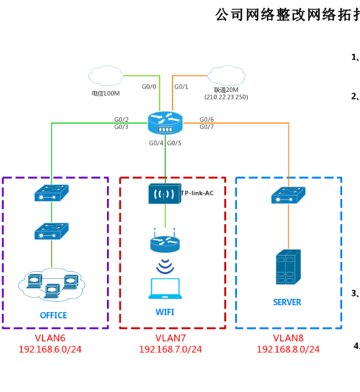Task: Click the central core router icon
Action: click(165, 123)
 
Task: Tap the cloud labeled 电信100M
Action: click(106, 75)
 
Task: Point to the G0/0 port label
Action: click(149, 87)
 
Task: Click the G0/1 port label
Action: click(181, 87)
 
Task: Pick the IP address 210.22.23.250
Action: click(226, 97)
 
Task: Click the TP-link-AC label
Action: click(197, 193)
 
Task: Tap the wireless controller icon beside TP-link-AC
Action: click(164, 194)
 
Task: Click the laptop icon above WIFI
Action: click(165, 289)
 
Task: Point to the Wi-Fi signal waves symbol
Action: click(165, 266)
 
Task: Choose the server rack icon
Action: click(288, 267)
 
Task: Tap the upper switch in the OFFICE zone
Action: click(51, 193)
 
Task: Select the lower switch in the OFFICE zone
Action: click(51, 231)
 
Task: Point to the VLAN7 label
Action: click(170, 337)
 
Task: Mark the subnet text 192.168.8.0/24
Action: click(288, 349)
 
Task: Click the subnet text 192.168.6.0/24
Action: click(50, 349)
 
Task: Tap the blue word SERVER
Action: click(287, 302)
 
